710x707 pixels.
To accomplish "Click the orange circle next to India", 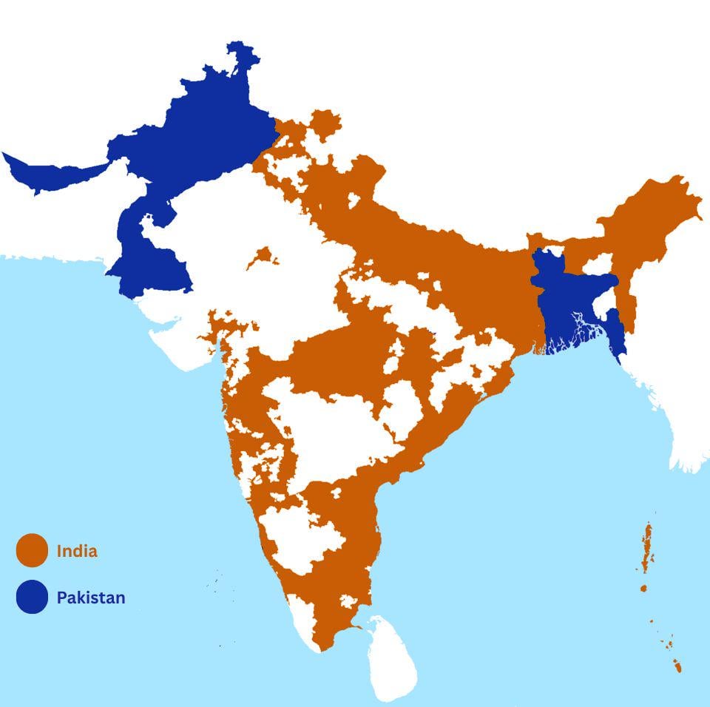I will click(32, 551).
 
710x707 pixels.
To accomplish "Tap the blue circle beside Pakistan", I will click(32, 597).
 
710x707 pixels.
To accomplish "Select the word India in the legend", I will click(77, 551).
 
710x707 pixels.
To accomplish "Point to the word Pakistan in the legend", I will click(91, 597).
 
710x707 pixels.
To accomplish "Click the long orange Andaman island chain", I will click(648, 547).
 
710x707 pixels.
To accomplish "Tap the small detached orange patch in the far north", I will click(324, 126).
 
